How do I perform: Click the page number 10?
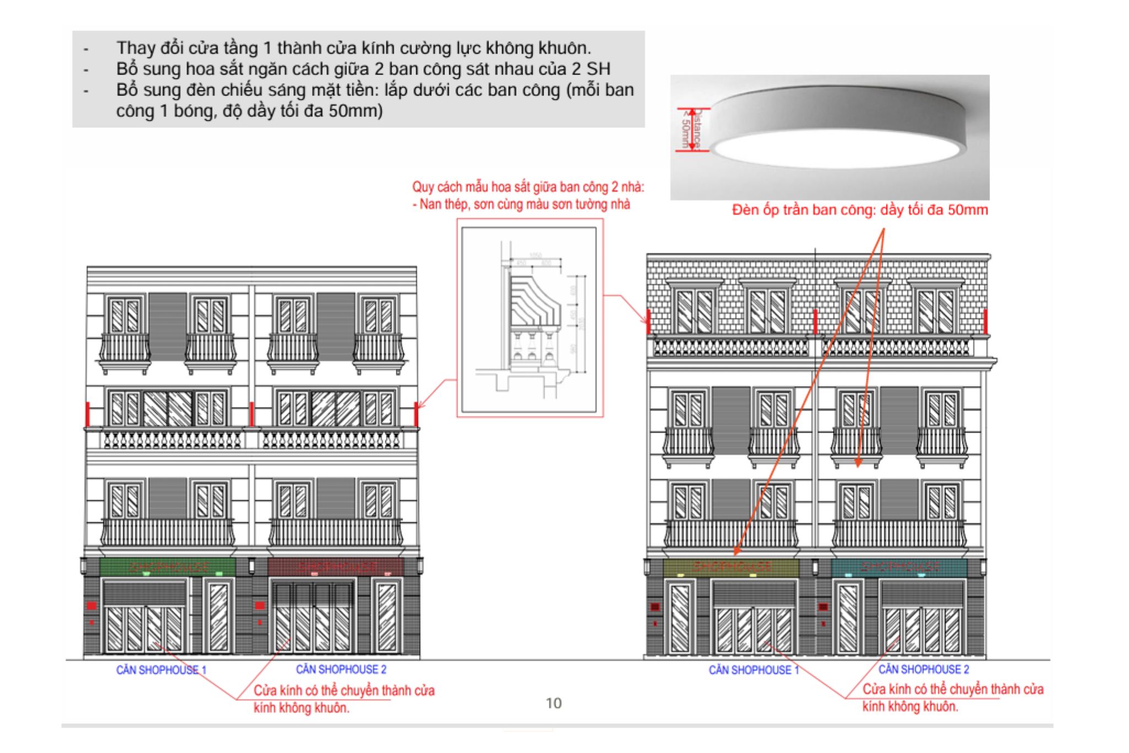tap(553, 703)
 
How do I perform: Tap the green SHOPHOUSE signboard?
tap(168, 567)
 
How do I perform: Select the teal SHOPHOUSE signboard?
tap(899, 567)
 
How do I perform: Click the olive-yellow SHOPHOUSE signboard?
tap(731, 568)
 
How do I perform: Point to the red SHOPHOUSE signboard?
tap(336, 567)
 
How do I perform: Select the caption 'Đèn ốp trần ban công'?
tap(859, 210)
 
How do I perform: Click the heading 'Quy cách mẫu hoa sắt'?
tap(528, 188)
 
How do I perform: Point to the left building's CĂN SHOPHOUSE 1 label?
tap(161, 670)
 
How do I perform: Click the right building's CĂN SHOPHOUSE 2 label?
tap(923, 669)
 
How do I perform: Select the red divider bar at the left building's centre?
tap(251, 414)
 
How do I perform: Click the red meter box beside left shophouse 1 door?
tap(92, 606)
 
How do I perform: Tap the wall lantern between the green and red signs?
tap(251, 566)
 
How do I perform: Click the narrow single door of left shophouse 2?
tap(386, 616)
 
